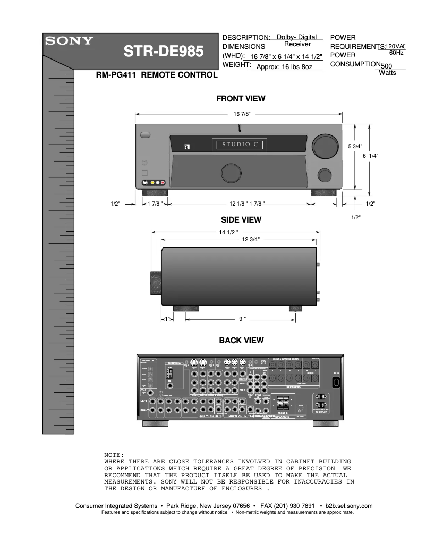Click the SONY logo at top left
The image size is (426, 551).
pos(69,40)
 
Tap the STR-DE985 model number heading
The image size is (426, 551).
pos(163,52)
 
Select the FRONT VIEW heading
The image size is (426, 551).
pos(241,99)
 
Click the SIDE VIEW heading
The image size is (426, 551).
pos(241,219)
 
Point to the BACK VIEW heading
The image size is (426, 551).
pos(241,341)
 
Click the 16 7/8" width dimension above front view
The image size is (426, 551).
pos(242,114)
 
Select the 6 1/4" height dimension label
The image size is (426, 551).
pos(370,156)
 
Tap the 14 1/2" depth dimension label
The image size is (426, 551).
pos(229,232)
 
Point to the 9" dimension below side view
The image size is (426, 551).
pos(242,319)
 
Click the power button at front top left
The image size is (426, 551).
pos(145,135)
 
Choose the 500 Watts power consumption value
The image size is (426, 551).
pos(387,69)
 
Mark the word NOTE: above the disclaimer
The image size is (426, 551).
pos(114,455)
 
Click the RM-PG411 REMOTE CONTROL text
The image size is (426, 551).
pos(156,75)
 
